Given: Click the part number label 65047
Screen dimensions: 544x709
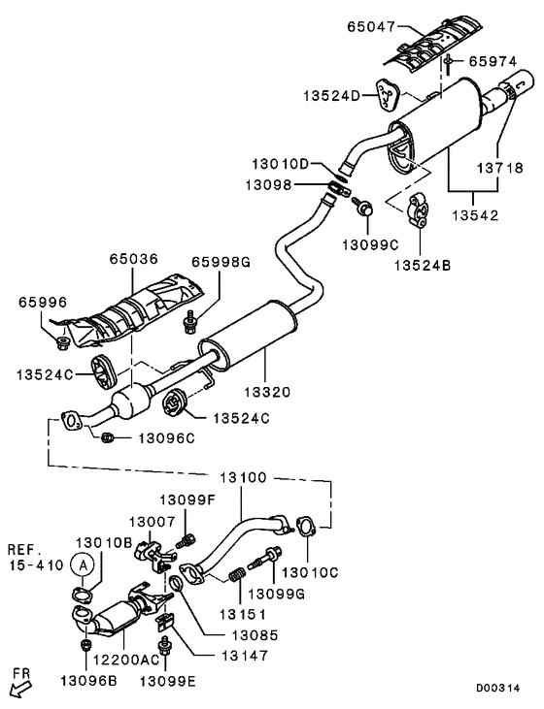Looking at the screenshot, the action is tap(371, 27).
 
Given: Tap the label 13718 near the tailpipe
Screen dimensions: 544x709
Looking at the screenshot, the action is tap(499, 168).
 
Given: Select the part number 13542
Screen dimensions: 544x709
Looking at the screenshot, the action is tap(475, 215).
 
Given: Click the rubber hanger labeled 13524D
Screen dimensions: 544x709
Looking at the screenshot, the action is tap(387, 94).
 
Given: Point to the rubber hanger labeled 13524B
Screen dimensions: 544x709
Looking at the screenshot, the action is tap(419, 209).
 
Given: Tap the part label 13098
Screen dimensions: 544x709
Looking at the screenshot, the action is tap(269, 184).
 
